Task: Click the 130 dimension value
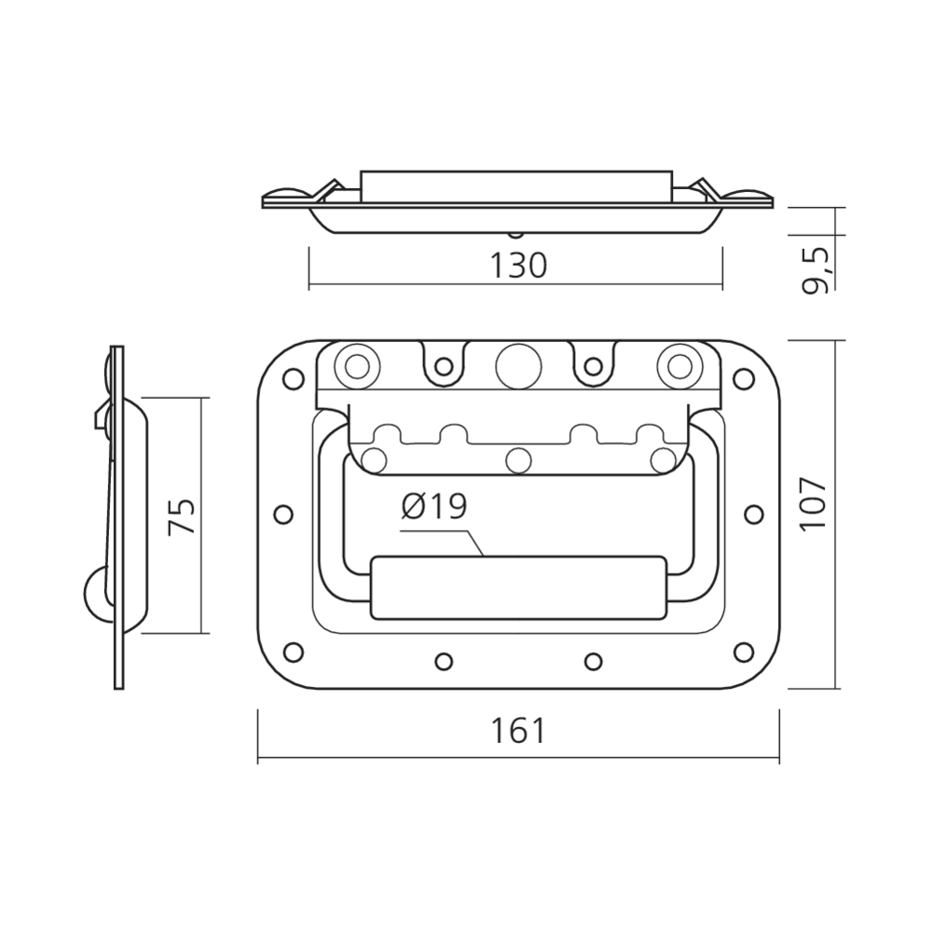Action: pyautogui.click(x=518, y=266)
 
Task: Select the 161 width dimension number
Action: pyautogui.click(x=518, y=731)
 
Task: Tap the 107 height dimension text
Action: pyautogui.click(x=813, y=504)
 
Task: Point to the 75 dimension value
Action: pyautogui.click(x=182, y=516)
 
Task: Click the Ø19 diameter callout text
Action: pyautogui.click(x=434, y=507)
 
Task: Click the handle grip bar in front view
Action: pyautogui.click(x=517, y=588)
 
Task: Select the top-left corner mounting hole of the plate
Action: pyautogui.click(x=293, y=378)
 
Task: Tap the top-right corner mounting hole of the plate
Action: pyautogui.click(x=743, y=378)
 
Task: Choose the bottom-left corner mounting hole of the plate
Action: pyautogui.click(x=293, y=651)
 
